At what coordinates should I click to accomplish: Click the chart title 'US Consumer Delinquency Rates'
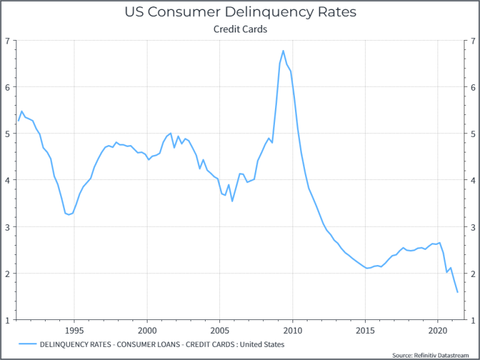(x=240, y=12)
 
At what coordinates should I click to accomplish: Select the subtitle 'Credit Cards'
(x=240, y=29)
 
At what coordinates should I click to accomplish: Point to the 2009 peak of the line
(x=283, y=51)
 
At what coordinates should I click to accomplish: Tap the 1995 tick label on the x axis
(x=74, y=330)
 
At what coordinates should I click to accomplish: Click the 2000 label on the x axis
(x=147, y=330)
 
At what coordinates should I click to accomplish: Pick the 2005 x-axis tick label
(x=219, y=330)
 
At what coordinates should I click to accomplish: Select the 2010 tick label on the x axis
(x=292, y=330)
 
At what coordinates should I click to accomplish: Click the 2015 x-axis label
(x=365, y=330)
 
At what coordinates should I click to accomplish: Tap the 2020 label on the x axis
(x=437, y=330)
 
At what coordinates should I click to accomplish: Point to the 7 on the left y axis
(x=7, y=41)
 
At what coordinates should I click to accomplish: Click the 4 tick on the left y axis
(x=7, y=181)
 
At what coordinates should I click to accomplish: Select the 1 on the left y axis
(x=7, y=321)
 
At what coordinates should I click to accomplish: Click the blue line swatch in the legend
(x=27, y=344)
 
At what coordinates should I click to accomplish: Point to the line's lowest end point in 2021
(x=457, y=292)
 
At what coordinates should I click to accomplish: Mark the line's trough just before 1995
(x=69, y=215)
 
